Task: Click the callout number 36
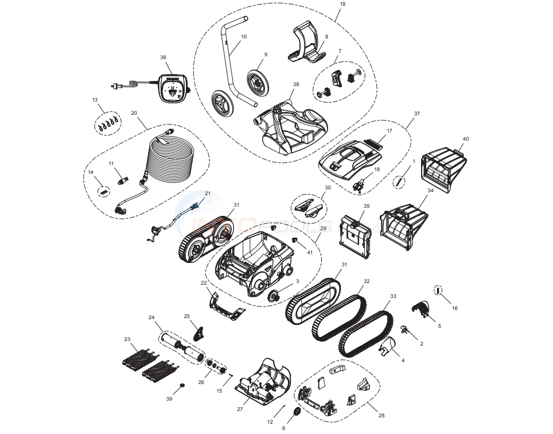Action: click(163, 57)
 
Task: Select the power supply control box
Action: click(174, 87)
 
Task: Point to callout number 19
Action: click(342, 4)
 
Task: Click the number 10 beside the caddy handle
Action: click(243, 37)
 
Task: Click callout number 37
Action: click(417, 114)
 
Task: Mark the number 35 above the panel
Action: click(367, 206)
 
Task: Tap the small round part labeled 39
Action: click(182, 385)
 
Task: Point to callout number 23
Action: click(127, 339)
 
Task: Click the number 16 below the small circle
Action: click(455, 308)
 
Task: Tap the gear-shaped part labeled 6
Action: click(297, 413)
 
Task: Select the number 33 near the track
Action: click(393, 296)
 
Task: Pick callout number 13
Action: click(95, 100)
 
